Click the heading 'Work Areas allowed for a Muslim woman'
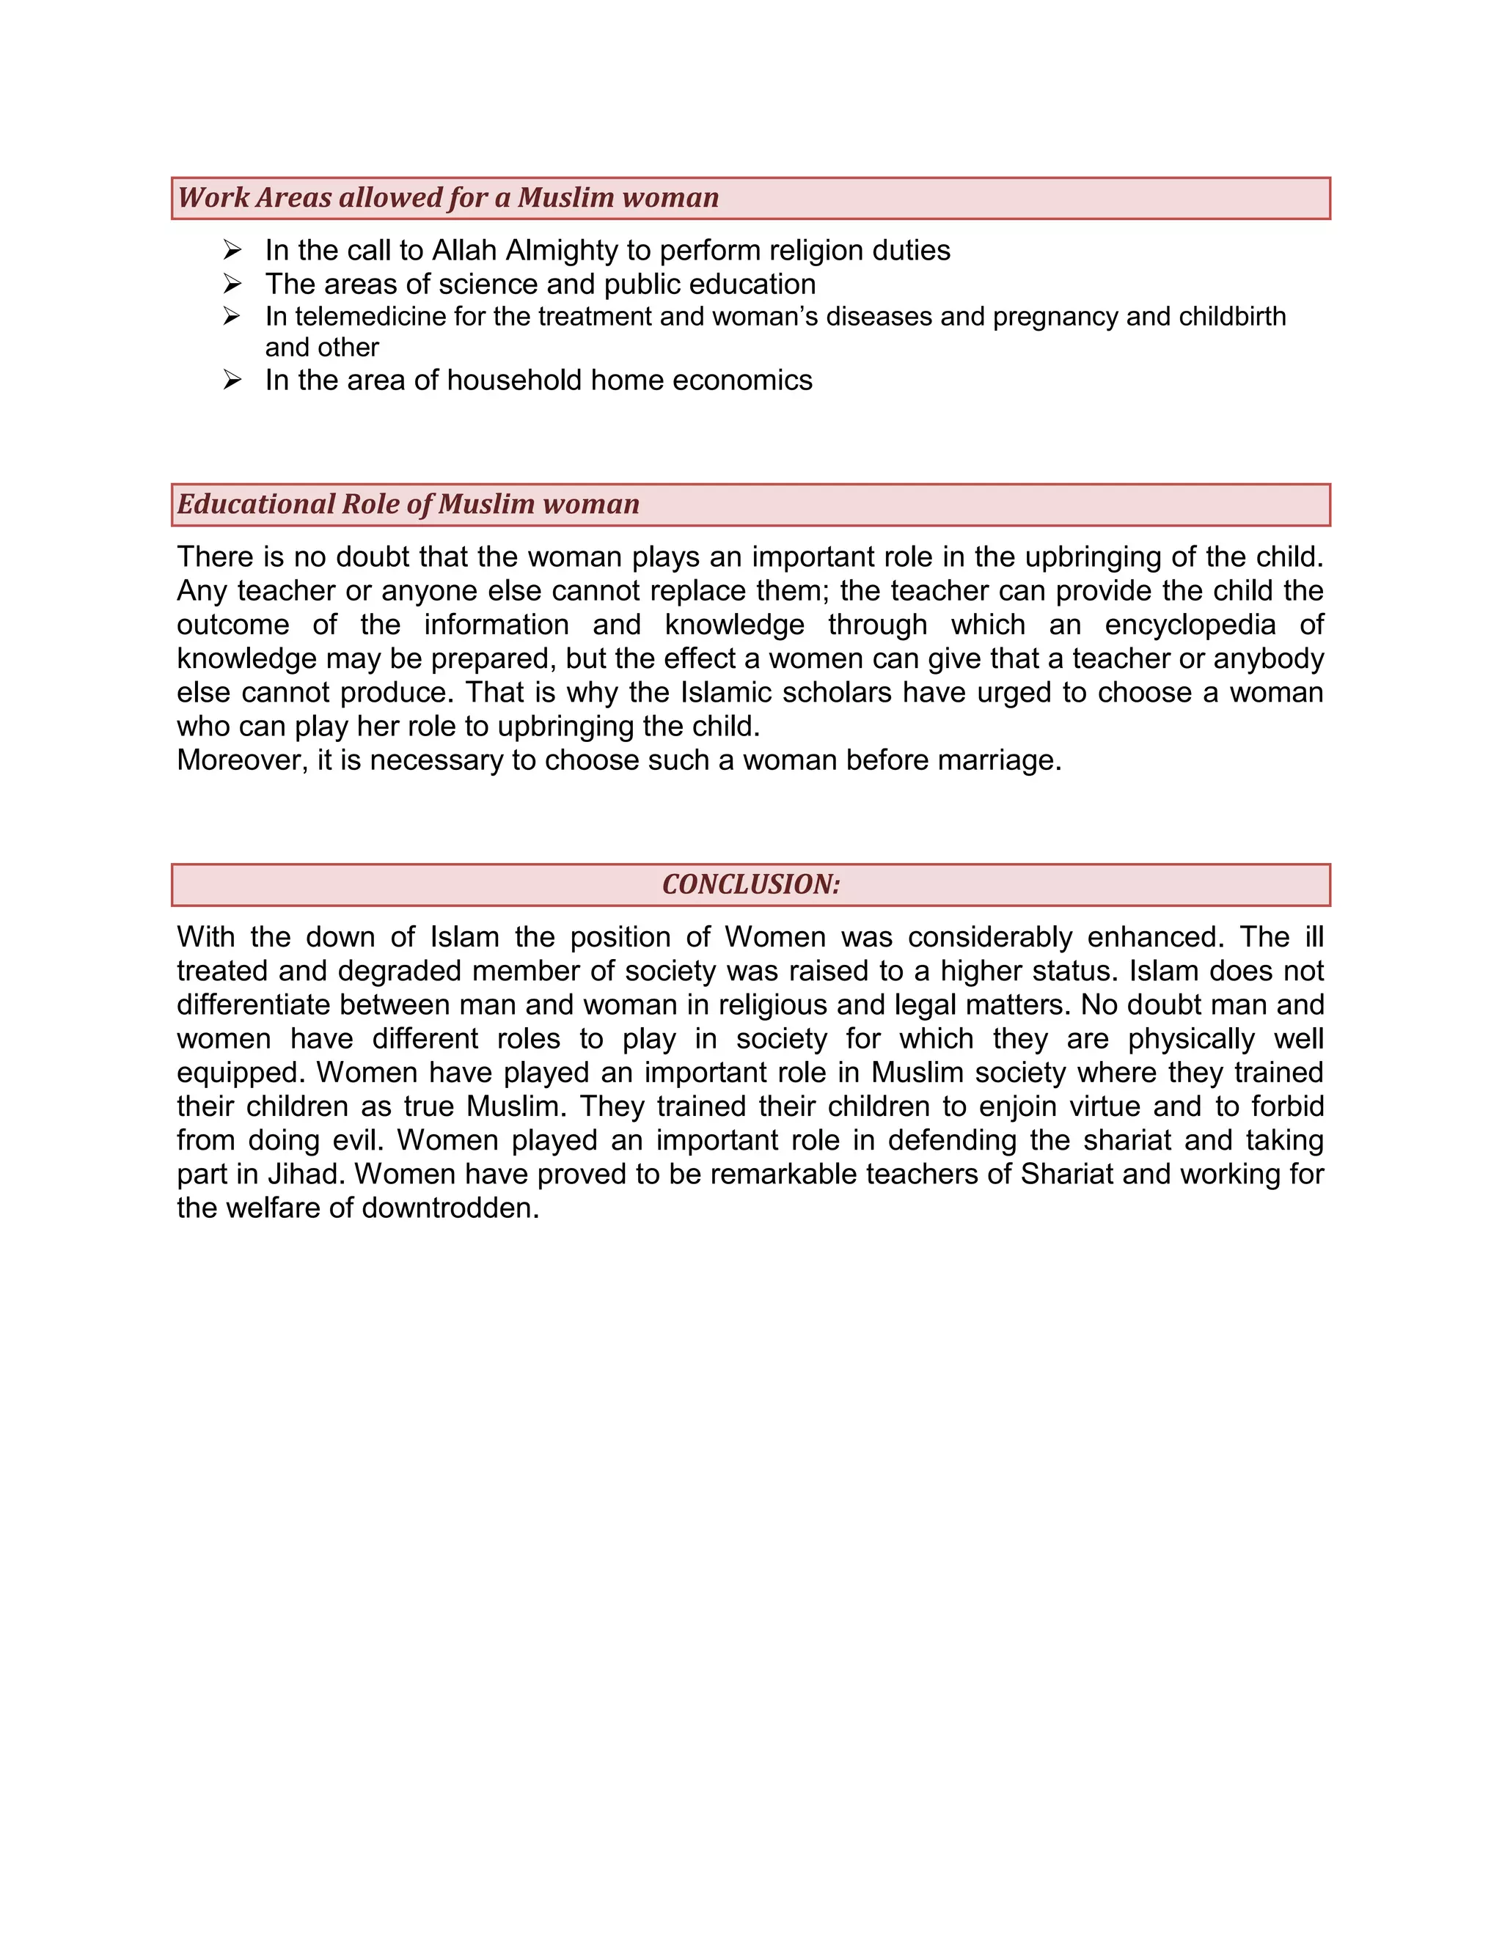click(x=447, y=197)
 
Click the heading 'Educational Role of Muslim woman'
click(x=408, y=504)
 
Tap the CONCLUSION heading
click(x=751, y=884)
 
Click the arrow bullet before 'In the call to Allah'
click(x=232, y=249)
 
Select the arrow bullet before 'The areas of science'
click(x=232, y=283)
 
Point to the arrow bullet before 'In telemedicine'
click(x=232, y=316)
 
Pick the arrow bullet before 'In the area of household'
click(x=232, y=380)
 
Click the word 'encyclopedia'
click(x=1190, y=625)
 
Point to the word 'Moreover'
click(x=238, y=760)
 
